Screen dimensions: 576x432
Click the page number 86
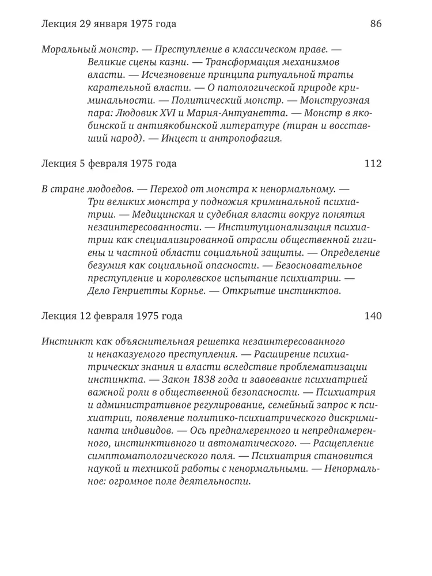[x=376, y=24]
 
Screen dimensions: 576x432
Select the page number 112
[x=373, y=164]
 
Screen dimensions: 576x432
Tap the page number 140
[x=373, y=316]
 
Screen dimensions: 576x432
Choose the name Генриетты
[x=134, y=291]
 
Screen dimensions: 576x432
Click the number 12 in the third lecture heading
[x=85, y=316]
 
